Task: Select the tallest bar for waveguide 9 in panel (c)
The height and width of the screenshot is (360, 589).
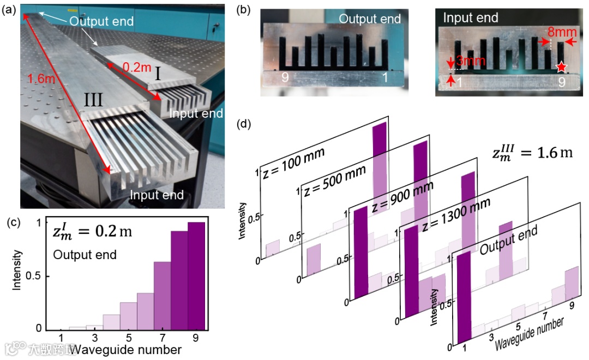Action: (196, 275)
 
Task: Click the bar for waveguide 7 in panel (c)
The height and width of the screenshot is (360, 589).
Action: (162, 295)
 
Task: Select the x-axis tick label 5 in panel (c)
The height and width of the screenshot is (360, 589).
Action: (128, 339)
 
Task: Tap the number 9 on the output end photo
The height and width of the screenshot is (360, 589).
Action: (285, 77)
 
